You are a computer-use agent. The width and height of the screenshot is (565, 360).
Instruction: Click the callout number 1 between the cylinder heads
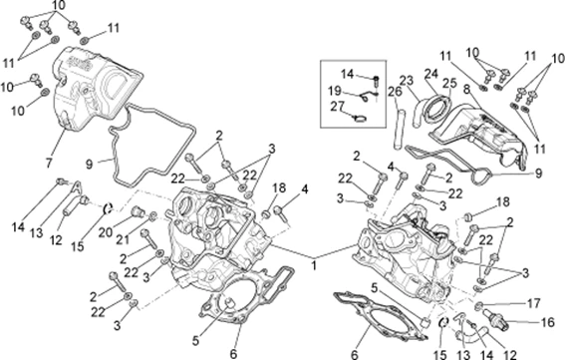(x=314, y=266)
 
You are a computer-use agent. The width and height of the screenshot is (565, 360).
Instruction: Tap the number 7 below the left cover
(x=49, y=163)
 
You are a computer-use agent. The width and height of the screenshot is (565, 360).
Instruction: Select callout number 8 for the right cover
(x=466, y=89)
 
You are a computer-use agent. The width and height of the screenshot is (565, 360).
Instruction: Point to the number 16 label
(x=547, y=322)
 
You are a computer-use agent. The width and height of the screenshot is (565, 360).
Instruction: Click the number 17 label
(x=534, y=304)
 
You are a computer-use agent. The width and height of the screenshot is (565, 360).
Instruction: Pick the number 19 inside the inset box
(x=335, y=91)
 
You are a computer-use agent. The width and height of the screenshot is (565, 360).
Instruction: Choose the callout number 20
(x=106, y=232)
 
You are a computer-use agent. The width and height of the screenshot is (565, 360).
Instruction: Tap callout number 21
(x=123, y=238)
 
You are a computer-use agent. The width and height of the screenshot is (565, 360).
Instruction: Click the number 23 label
(x=407, y=81)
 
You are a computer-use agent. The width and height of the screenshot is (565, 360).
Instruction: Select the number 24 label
(x=430, y=74)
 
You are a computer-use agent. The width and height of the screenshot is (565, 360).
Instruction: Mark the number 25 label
(x=449, y=84)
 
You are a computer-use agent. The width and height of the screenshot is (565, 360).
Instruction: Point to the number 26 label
(x=395, y=92)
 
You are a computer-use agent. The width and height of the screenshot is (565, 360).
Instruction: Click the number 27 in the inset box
(x=338, y=107)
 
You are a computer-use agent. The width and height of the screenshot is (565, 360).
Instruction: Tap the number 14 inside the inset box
(x=348, y=74)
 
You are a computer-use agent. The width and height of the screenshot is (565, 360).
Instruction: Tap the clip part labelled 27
(x=360, y=118)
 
